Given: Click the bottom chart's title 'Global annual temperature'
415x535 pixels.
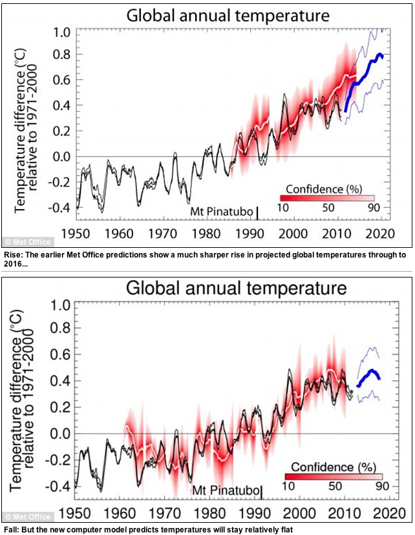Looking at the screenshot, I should point(237,287).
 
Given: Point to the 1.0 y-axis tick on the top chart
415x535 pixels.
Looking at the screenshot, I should point(61,32).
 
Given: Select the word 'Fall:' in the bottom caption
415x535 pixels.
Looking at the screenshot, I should point(12,529).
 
